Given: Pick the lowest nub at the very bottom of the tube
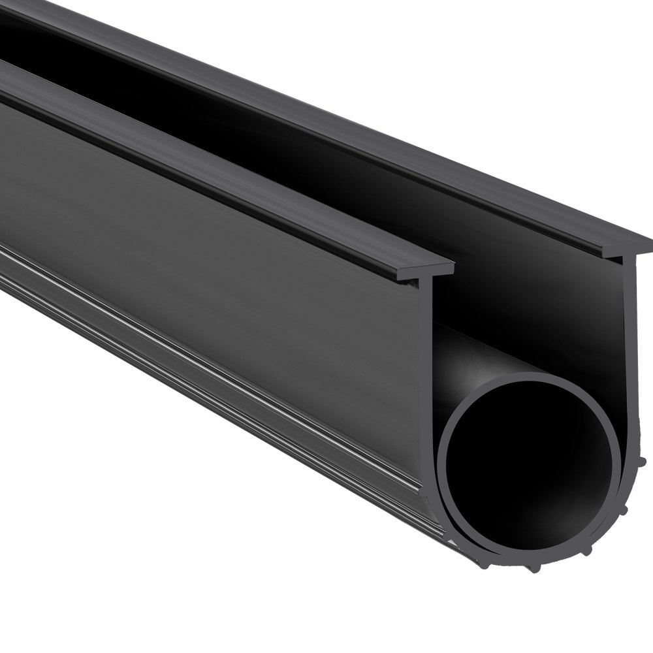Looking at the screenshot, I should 535,569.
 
